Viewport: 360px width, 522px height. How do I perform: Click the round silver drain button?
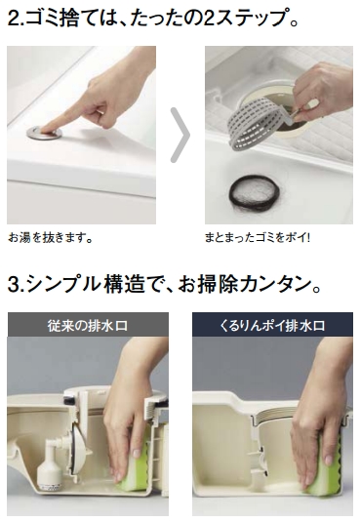coord(44,132)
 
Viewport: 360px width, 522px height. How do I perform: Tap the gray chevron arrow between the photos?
coord(181,136)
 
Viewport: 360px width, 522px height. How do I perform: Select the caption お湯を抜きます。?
coord(51,238)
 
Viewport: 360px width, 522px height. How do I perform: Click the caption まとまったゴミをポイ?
coord(258,238)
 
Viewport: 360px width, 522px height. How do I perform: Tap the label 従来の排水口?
coord(87,325)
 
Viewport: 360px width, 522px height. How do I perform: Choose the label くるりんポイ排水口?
coord(272,325)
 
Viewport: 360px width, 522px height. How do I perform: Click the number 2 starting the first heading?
coord(14,19)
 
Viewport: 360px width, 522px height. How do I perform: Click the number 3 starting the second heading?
coord(14,285)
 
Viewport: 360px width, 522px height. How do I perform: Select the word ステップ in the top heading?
coord(251,18)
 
